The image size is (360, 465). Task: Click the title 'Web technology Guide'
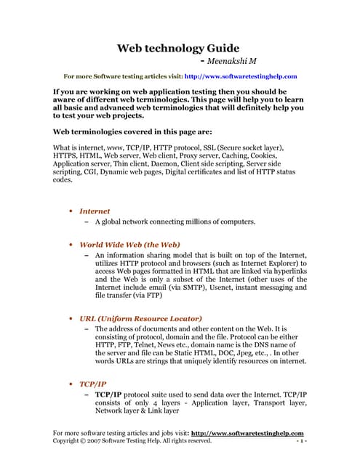coord(179,49)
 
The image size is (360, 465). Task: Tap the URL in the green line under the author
coord(241,76)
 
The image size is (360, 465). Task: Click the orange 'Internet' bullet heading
coord(95,211)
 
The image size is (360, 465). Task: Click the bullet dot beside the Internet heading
coord(69,211)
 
